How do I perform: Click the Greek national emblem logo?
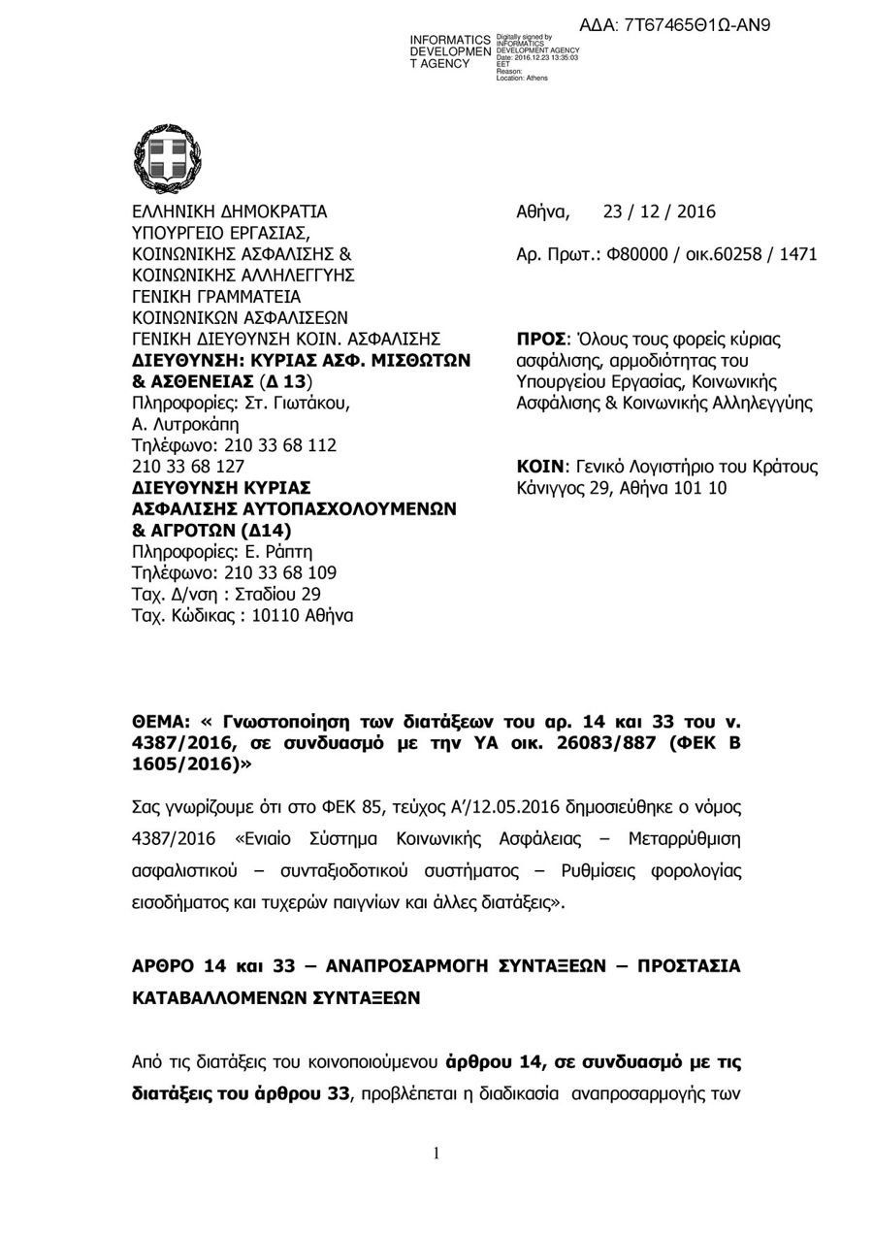coord(167,161)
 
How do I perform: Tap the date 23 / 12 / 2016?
coord(659,212)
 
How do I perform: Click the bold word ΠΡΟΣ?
coord(543,341)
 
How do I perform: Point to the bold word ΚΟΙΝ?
coord(541,468)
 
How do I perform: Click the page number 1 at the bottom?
coord(436,1154)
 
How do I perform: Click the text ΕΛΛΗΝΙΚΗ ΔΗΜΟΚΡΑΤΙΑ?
coord(229,212)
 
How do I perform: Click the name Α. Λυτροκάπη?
coord(184,425)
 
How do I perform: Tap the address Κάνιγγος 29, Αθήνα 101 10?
coord(622,488)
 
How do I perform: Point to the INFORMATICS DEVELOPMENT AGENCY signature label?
coord(450,50)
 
